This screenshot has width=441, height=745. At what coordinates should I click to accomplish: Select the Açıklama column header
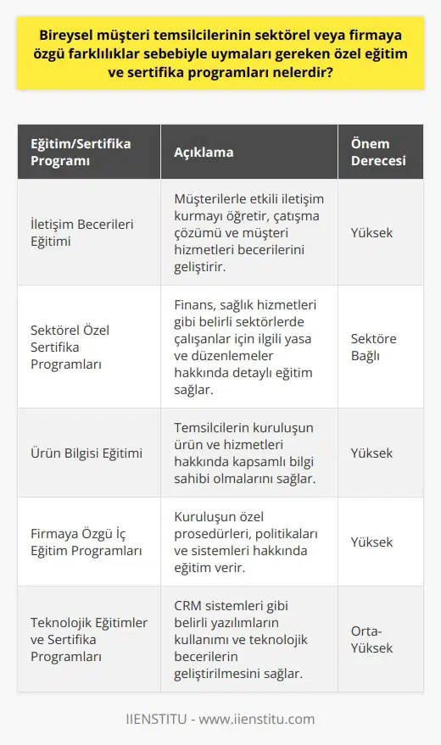pos(204,152)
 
